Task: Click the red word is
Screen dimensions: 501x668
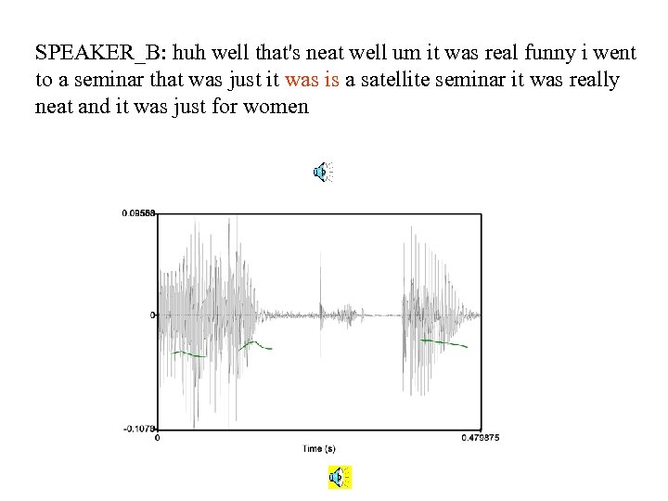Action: click(x=332, y=80)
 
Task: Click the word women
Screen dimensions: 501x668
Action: click(x=276, y=107)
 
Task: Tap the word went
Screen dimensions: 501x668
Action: click(x=599, y=53)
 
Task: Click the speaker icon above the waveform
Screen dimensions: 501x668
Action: click(x=322, y=171)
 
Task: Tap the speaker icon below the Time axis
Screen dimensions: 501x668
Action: click(x=340, y=478)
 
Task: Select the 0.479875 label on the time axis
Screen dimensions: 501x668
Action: click(x=481, y=438)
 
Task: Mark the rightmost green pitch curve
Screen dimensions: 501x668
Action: click(x=443, y=343)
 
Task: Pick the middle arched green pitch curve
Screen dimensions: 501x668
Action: click(x=253, y=344)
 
